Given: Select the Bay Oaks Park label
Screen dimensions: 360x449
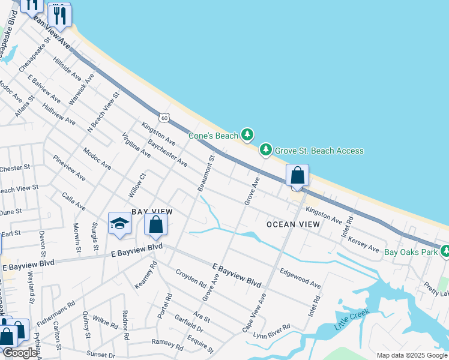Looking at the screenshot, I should coord(411,252).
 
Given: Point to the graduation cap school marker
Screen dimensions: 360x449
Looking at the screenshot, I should coord(119,224).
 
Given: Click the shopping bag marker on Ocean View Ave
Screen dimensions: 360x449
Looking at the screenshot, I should coord(297,176).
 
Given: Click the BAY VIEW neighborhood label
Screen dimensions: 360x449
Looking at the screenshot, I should coord(152,212).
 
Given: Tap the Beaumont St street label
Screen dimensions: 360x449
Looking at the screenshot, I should coord(206,173).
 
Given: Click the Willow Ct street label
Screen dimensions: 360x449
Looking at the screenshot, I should coord(137,184).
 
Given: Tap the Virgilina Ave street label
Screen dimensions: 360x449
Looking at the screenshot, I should coord(136,145).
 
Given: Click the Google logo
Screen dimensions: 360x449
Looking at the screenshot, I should coord(19,353).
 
